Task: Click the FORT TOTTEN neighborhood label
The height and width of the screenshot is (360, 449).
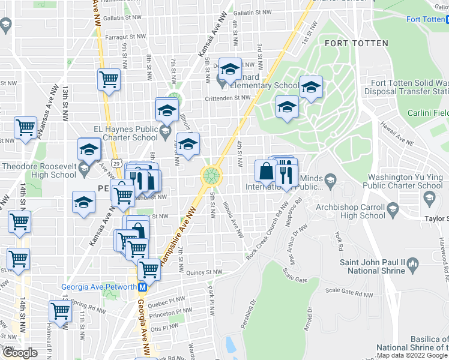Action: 356,43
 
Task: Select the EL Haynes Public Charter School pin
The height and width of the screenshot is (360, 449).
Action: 165,130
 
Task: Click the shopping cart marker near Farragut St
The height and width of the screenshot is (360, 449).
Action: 109,79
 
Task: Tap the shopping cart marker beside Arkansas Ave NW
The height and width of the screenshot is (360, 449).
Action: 25,127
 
